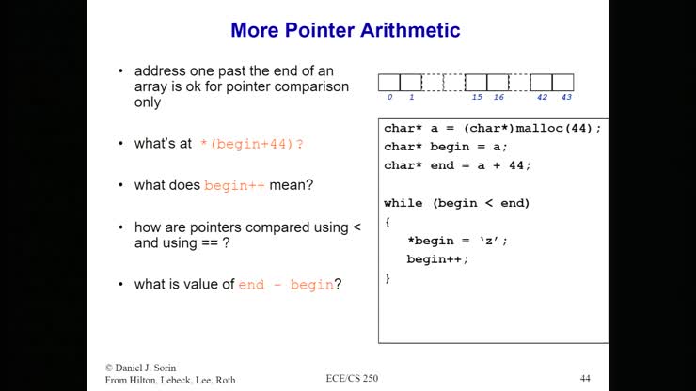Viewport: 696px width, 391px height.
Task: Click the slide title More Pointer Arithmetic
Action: click(x=345, y=31)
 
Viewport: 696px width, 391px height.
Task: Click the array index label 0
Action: click(x=389, y=97)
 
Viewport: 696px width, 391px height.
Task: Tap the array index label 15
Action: click(x=477, y=97)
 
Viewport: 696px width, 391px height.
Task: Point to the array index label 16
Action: click(x=498, y=97)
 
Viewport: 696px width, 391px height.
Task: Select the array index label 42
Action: click(x=542, y=97)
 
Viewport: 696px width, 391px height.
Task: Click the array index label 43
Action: click(x=565, y=97)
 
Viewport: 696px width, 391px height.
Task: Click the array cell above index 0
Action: click(x=389, y=82)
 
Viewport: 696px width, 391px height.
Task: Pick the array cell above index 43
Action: click(x=563, y=82)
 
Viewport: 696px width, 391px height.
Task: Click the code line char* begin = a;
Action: click(x=446, y=147)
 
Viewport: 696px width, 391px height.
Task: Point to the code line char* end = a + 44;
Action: click(x=457, y=165)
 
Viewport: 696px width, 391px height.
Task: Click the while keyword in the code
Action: click(x=402, y=203)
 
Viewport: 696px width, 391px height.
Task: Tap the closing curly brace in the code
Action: click(x=388, y=278)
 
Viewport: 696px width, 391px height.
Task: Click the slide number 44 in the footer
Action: click(x=585, y=379)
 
